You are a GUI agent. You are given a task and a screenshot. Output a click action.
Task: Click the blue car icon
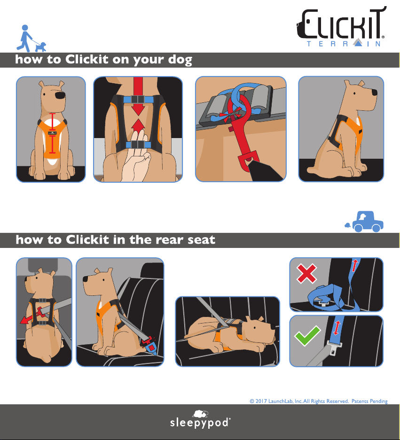364,222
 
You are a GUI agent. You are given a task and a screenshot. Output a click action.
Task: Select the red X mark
306,273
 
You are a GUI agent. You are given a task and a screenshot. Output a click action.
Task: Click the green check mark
307,335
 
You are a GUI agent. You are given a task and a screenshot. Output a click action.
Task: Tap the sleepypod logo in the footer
200,419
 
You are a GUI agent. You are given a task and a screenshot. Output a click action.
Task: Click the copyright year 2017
261,401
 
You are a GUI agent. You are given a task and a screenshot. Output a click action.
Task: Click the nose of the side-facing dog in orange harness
374,93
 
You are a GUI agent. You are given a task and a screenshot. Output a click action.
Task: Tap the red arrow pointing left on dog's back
31,316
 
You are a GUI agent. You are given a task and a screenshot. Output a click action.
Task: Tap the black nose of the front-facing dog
60,95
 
